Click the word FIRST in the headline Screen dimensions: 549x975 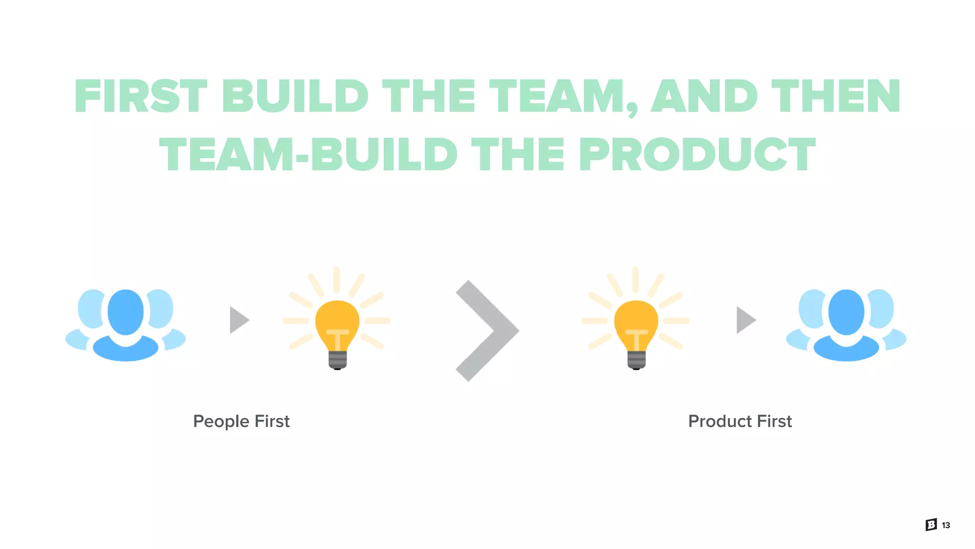[141, 97]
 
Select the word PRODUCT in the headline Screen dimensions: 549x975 [697, 154]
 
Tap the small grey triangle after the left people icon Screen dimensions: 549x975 [239, 320]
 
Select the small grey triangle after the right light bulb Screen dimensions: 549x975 [746, 320]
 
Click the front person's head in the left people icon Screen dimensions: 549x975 [126, 312]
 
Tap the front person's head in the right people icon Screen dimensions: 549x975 [846, 312]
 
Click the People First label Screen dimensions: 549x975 [241, 421]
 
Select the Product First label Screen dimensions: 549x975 [740, 421]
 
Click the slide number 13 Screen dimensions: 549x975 [946, 525]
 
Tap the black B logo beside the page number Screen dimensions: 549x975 [931, 525]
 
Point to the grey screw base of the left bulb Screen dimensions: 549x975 [338, 360]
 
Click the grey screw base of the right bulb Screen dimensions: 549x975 [637, 360]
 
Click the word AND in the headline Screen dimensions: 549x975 [704, 97]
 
